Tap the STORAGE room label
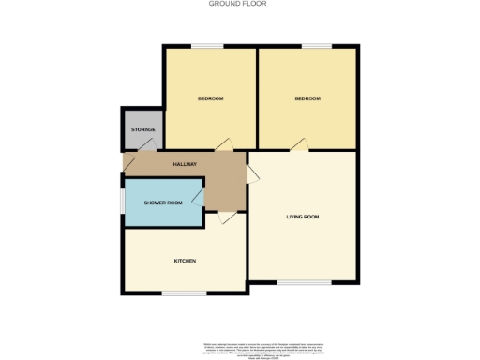tap(142, 128)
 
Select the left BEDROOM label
tap(210, 98)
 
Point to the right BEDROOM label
tap(307, 98)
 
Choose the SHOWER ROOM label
tap(162, 202)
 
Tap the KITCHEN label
tap(184, 260)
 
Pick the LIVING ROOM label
tap(303, 217)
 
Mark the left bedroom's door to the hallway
tap(223, 143)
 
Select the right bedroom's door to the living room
tap(297, 143)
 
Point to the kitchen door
tap(225, 218)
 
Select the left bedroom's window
tap(208, 45)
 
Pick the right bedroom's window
tap(315, 45)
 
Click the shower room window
tap(122, 202)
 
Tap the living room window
tap(302, 281)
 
